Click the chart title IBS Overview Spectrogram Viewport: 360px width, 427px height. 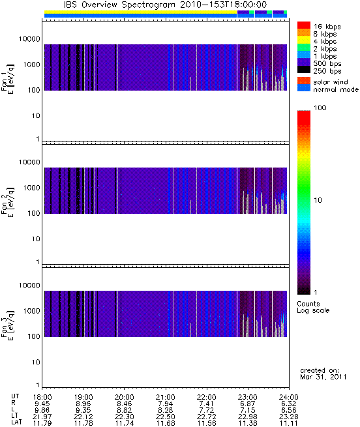tap(119, 5)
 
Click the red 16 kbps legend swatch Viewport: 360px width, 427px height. tap(304, 25)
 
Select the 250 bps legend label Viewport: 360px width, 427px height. tap(327, 71)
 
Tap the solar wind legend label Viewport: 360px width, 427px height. tap(331, 82)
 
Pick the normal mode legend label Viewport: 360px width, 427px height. tap(336, 89)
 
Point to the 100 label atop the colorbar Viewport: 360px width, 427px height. tap(320, 108)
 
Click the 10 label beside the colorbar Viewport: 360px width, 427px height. tap(318, 200)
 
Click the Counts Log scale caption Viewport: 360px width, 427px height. tap(313, 307)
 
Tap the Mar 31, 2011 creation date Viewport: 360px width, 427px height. tap(323, 377)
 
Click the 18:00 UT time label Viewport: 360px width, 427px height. tap(42, 397)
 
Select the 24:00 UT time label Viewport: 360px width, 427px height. tap(289, 397)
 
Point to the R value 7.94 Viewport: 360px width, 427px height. tap(166, 404)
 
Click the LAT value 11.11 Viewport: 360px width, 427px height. tap(289, 424)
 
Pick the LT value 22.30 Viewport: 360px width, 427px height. tap(125, 417)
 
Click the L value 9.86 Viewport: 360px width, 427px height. tap(42, 411)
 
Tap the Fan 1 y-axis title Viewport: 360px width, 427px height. tap(8, 80)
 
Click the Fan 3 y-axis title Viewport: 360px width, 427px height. tap(8, 325)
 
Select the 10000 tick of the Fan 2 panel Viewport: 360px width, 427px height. tap(29, 162)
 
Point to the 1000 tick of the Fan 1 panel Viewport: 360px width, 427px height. tap(31, 65)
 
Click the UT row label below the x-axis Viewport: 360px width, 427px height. tap(15, 397)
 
